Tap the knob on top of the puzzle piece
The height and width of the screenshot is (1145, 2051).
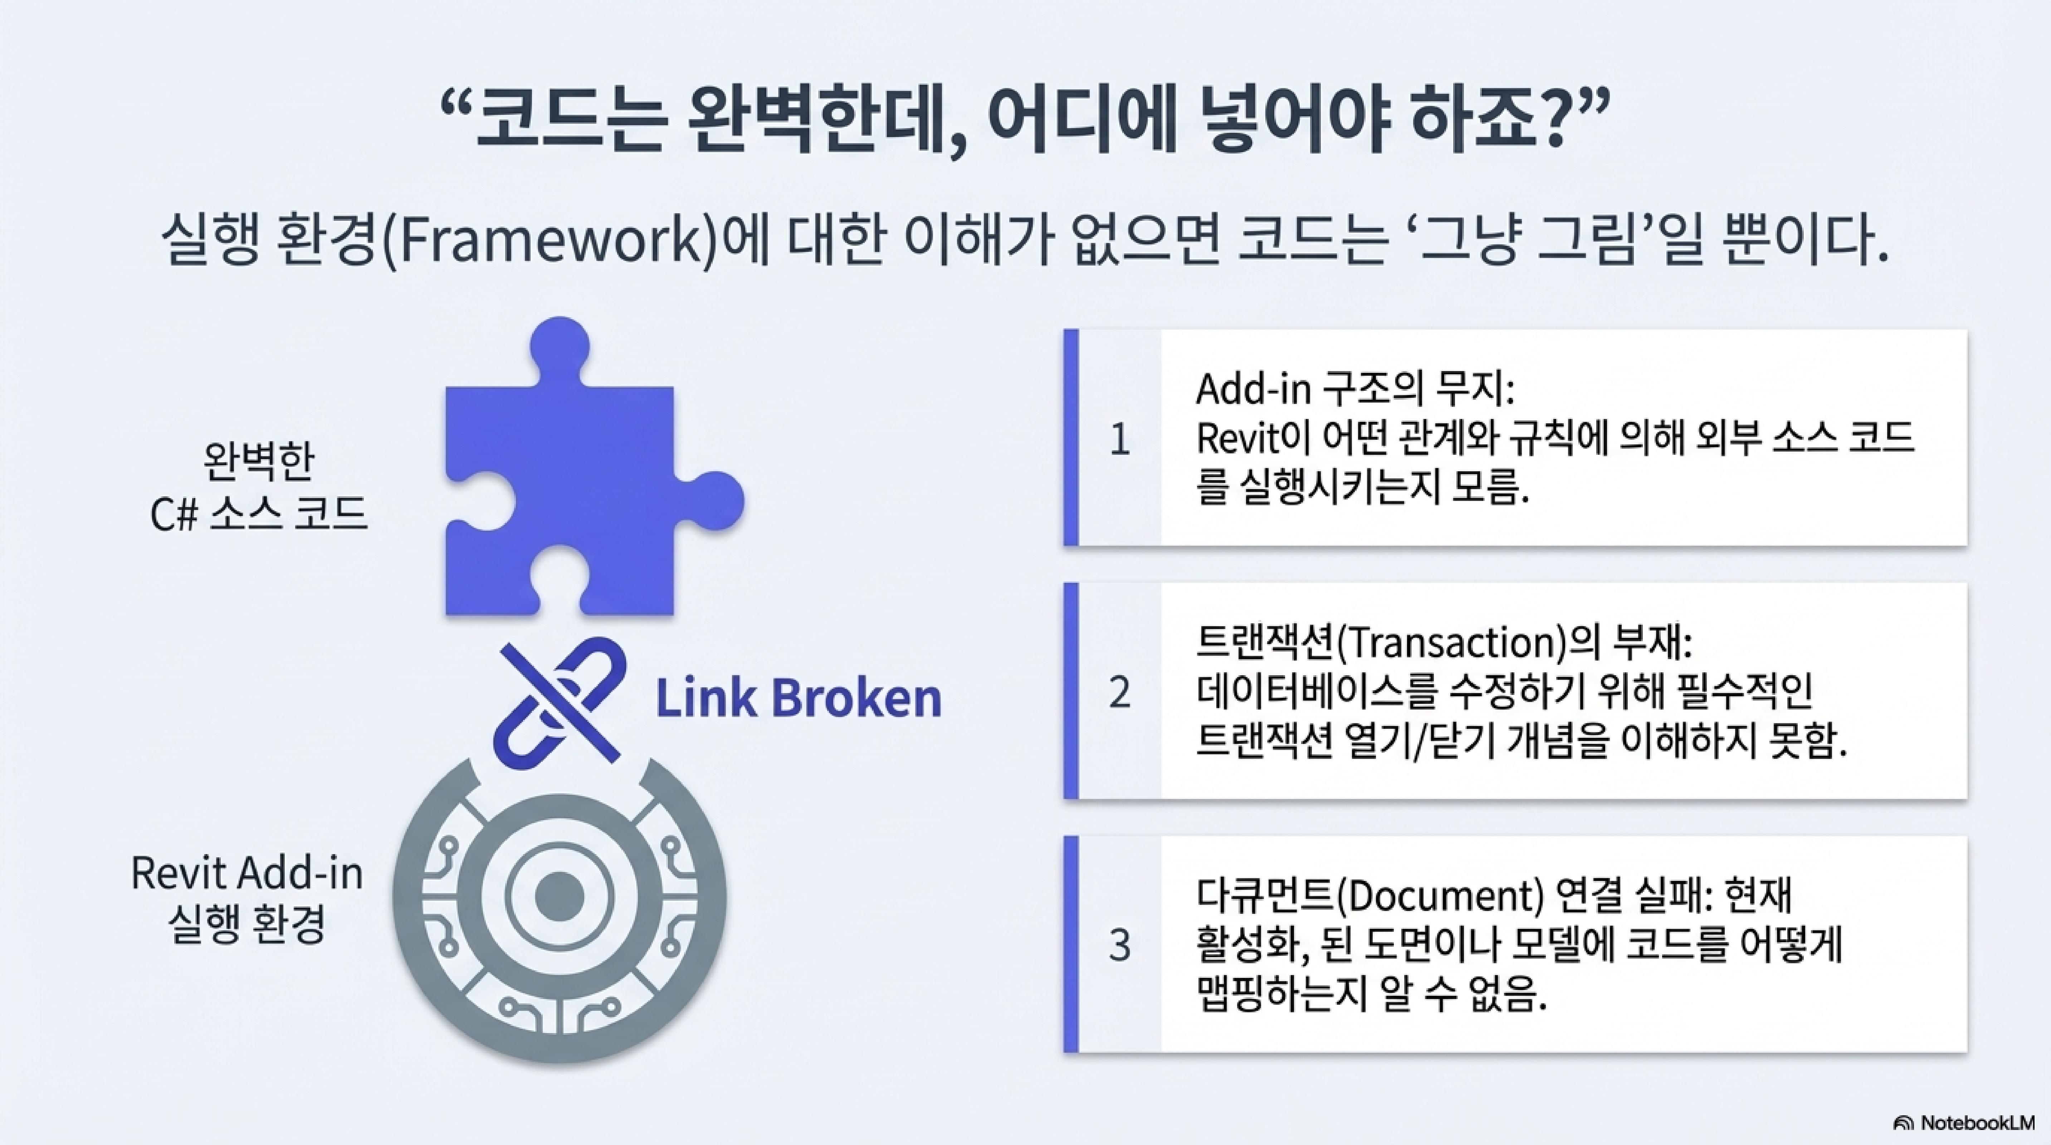point(560,348)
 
